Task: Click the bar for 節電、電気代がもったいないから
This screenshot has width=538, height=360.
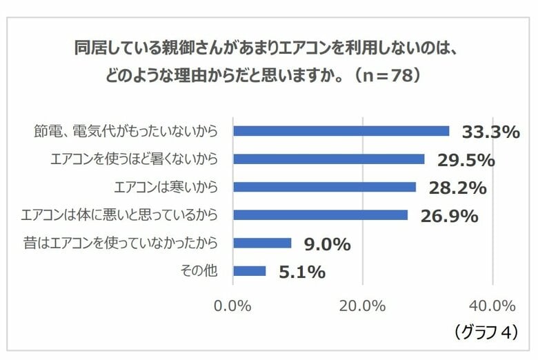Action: click(x=341, y=131)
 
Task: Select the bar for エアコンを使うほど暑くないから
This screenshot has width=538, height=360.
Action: click(x=328, y=159)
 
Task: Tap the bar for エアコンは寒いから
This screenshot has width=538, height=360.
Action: click(x=324, y=187)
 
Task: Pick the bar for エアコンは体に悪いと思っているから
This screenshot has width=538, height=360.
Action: click(x=320, y=215)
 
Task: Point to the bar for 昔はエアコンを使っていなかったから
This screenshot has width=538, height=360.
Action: click(x=262, y=243)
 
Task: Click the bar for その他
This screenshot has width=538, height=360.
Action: click(x=250, y=271)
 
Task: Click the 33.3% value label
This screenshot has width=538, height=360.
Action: click(x=488, y=132)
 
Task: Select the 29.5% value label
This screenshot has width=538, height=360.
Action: click(x=466, y=161)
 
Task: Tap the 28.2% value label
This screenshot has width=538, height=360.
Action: click(x=457, y=188)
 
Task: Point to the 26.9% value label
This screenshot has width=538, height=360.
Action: click(x=449, y=217)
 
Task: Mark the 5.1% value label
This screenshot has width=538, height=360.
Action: click(x=301, y=272)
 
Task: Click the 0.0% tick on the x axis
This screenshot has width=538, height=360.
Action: click(x=233, y=305)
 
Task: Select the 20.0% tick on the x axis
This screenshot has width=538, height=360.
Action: click(x=363, y=305)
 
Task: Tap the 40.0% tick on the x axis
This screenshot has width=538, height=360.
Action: click(x=492, y=305)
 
